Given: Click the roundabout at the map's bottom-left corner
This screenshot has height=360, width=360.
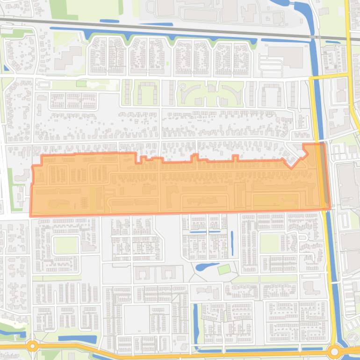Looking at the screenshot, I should click(32, 346).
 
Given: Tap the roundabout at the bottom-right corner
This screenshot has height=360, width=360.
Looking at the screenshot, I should click(334, 351).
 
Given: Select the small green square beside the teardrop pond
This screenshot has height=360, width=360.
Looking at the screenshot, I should click(224, 269).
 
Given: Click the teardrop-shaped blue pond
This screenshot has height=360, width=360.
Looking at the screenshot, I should click(206, 267).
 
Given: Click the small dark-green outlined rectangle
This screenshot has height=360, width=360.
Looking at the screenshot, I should click(81, 84).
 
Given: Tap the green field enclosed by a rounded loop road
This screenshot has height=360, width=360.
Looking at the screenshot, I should click(66, 245).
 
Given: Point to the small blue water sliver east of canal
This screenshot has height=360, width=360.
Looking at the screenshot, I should click(332, 42).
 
